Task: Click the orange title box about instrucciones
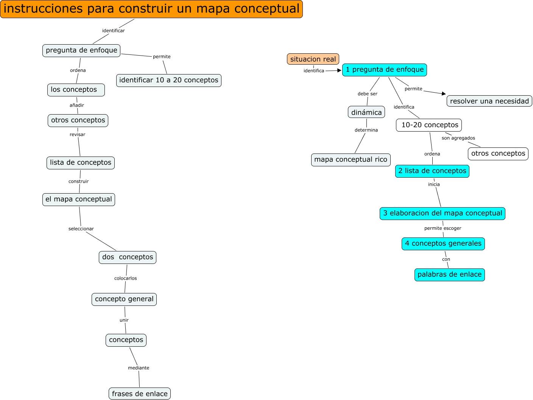coord(151,9)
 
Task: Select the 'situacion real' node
coord(313,59)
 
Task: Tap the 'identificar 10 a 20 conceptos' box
coord(169,80)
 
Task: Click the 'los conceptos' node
coord(76,90)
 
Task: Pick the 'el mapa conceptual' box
coord(79,199)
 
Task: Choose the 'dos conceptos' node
coord(128,257)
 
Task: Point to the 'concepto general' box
coord(124,299)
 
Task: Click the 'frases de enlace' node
coord(140,394)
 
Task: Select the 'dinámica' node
coord(366,112)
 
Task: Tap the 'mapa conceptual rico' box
coord(351,160)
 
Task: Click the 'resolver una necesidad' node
coord(489,101)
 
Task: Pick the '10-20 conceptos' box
coord(429,125)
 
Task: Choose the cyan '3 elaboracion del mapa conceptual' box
coord(443,213)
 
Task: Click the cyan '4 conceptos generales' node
coord(443,243)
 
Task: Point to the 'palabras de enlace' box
coord(450,274)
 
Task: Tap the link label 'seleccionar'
coord(81,229)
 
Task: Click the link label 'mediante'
coord(139,368)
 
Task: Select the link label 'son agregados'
coord(458,138)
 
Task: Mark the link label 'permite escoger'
coord(443,228)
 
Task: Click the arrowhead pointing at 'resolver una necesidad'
coord(444,94)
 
